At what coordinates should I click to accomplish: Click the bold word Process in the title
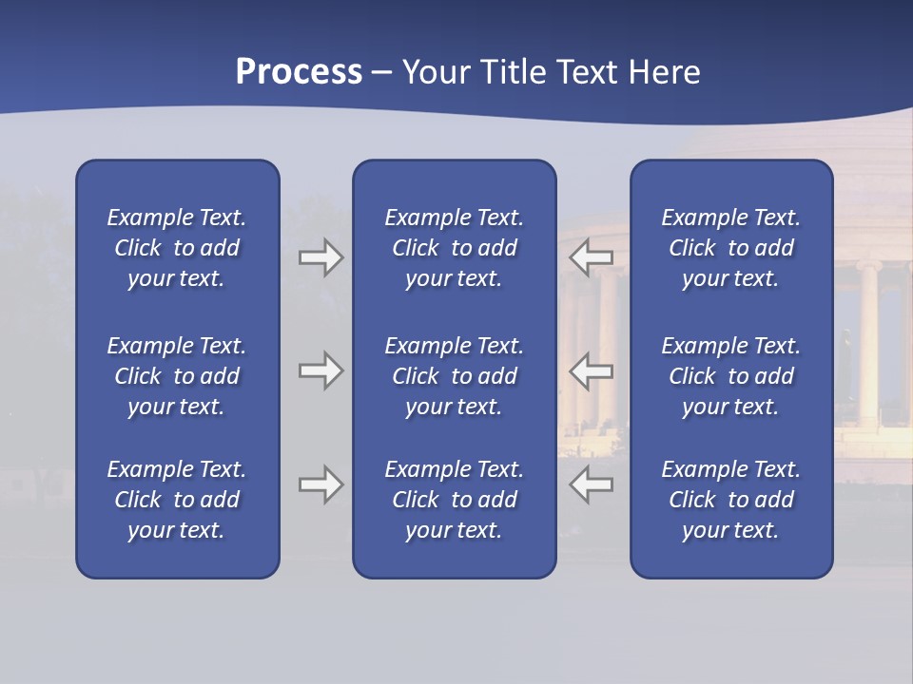(x=299, y=72)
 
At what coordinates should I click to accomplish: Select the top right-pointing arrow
(x=321, y=257)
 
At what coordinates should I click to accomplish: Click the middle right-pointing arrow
(x=321, y=370)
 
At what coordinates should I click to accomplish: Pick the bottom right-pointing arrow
(x=321, y=484)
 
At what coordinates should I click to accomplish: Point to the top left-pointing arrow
(x=592, y=257)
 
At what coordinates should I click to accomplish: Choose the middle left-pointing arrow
(x=592, y=370)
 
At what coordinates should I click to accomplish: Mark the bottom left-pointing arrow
(x=592, y=484)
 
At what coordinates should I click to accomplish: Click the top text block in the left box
(x=177, y=248)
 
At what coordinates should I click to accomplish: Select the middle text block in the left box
(x=177, y=376)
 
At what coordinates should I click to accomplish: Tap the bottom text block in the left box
(x=177, y=500)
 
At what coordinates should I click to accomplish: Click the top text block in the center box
(x=455, y=248)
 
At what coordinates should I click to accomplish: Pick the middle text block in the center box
(x=455, y=376)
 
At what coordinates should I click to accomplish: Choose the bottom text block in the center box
(x=455, y=500)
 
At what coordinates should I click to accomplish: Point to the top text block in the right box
(x=731, y=248)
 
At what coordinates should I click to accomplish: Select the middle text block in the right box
(x=731, y=376)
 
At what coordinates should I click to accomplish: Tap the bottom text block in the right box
(x=731, y=500)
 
